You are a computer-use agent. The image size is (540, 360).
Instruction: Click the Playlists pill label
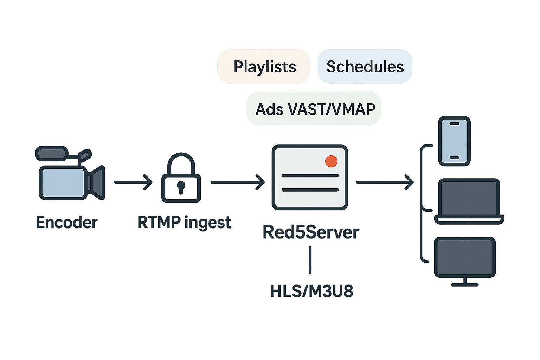264,66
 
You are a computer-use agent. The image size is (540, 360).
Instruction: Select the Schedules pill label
365,66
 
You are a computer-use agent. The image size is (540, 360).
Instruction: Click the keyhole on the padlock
181,186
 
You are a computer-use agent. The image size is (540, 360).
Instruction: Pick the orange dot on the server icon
331,161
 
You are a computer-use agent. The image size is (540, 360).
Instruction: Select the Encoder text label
67,223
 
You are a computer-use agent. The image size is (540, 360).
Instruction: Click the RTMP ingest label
184,223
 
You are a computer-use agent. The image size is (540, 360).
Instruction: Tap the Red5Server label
311,232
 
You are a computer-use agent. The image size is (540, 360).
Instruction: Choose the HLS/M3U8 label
311,291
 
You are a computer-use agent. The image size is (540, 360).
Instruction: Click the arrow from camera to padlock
133,182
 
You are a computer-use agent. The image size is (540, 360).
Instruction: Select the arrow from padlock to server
237,182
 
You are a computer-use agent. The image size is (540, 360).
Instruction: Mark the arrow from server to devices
385,182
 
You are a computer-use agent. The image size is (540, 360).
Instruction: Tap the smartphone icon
454,141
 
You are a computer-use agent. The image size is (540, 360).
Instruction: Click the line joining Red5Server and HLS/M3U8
310,260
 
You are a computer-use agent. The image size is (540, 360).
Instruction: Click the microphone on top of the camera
51,154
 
